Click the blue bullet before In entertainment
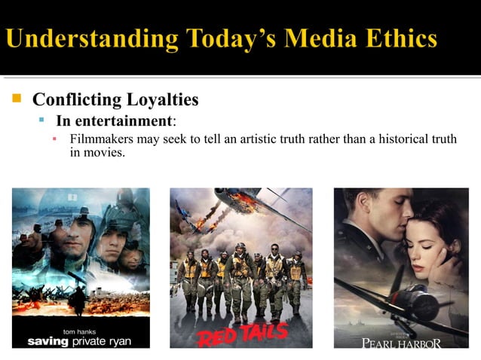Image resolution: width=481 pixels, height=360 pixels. (x=44, y=121)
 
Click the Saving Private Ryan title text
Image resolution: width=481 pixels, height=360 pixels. (x=79, y=341)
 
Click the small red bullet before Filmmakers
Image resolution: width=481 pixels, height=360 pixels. (x=55, y=139)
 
